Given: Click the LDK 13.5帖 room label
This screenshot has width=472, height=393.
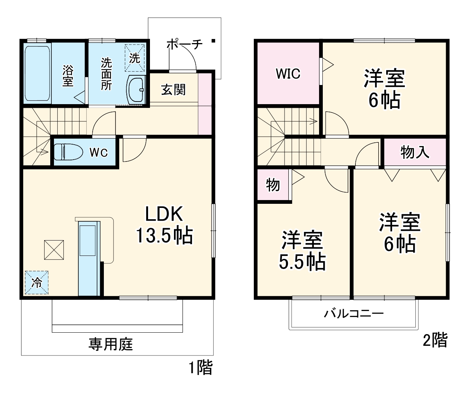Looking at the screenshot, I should (164, 225).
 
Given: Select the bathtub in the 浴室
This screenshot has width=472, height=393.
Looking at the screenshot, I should (37, 73).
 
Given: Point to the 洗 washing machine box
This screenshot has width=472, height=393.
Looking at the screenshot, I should (135, 58).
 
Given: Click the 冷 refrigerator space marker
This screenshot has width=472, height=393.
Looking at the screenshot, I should (37, 282).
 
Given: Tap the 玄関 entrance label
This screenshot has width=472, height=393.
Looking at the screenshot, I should (173, 90).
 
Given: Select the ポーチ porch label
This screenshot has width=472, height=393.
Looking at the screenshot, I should (184, 44).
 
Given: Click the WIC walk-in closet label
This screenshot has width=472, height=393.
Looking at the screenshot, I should (288, 73).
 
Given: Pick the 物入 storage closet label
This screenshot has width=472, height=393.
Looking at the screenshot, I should (415, 152).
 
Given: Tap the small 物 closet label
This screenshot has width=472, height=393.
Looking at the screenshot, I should (273, 185).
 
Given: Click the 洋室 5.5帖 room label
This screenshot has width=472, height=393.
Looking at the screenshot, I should (302, 250).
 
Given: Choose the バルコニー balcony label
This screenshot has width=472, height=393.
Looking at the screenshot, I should (354, 313).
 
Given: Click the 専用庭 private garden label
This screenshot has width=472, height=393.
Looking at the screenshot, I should (111, 344).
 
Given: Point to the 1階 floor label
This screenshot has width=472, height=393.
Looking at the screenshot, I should (200, 368).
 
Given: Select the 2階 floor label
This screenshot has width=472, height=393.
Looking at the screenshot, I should (435, 340).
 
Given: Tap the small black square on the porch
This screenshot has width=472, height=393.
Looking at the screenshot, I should (213, 41).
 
